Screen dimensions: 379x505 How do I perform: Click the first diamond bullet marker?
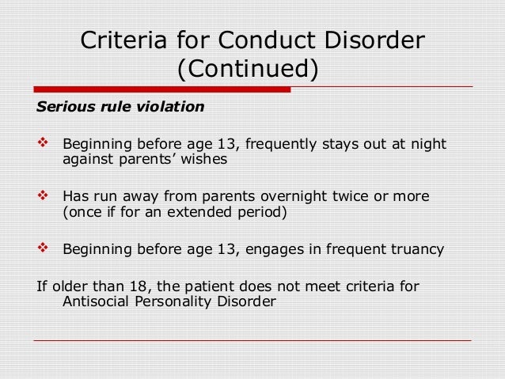tap(44, 144)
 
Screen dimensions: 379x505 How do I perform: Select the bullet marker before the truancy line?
tap(44, 248)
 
